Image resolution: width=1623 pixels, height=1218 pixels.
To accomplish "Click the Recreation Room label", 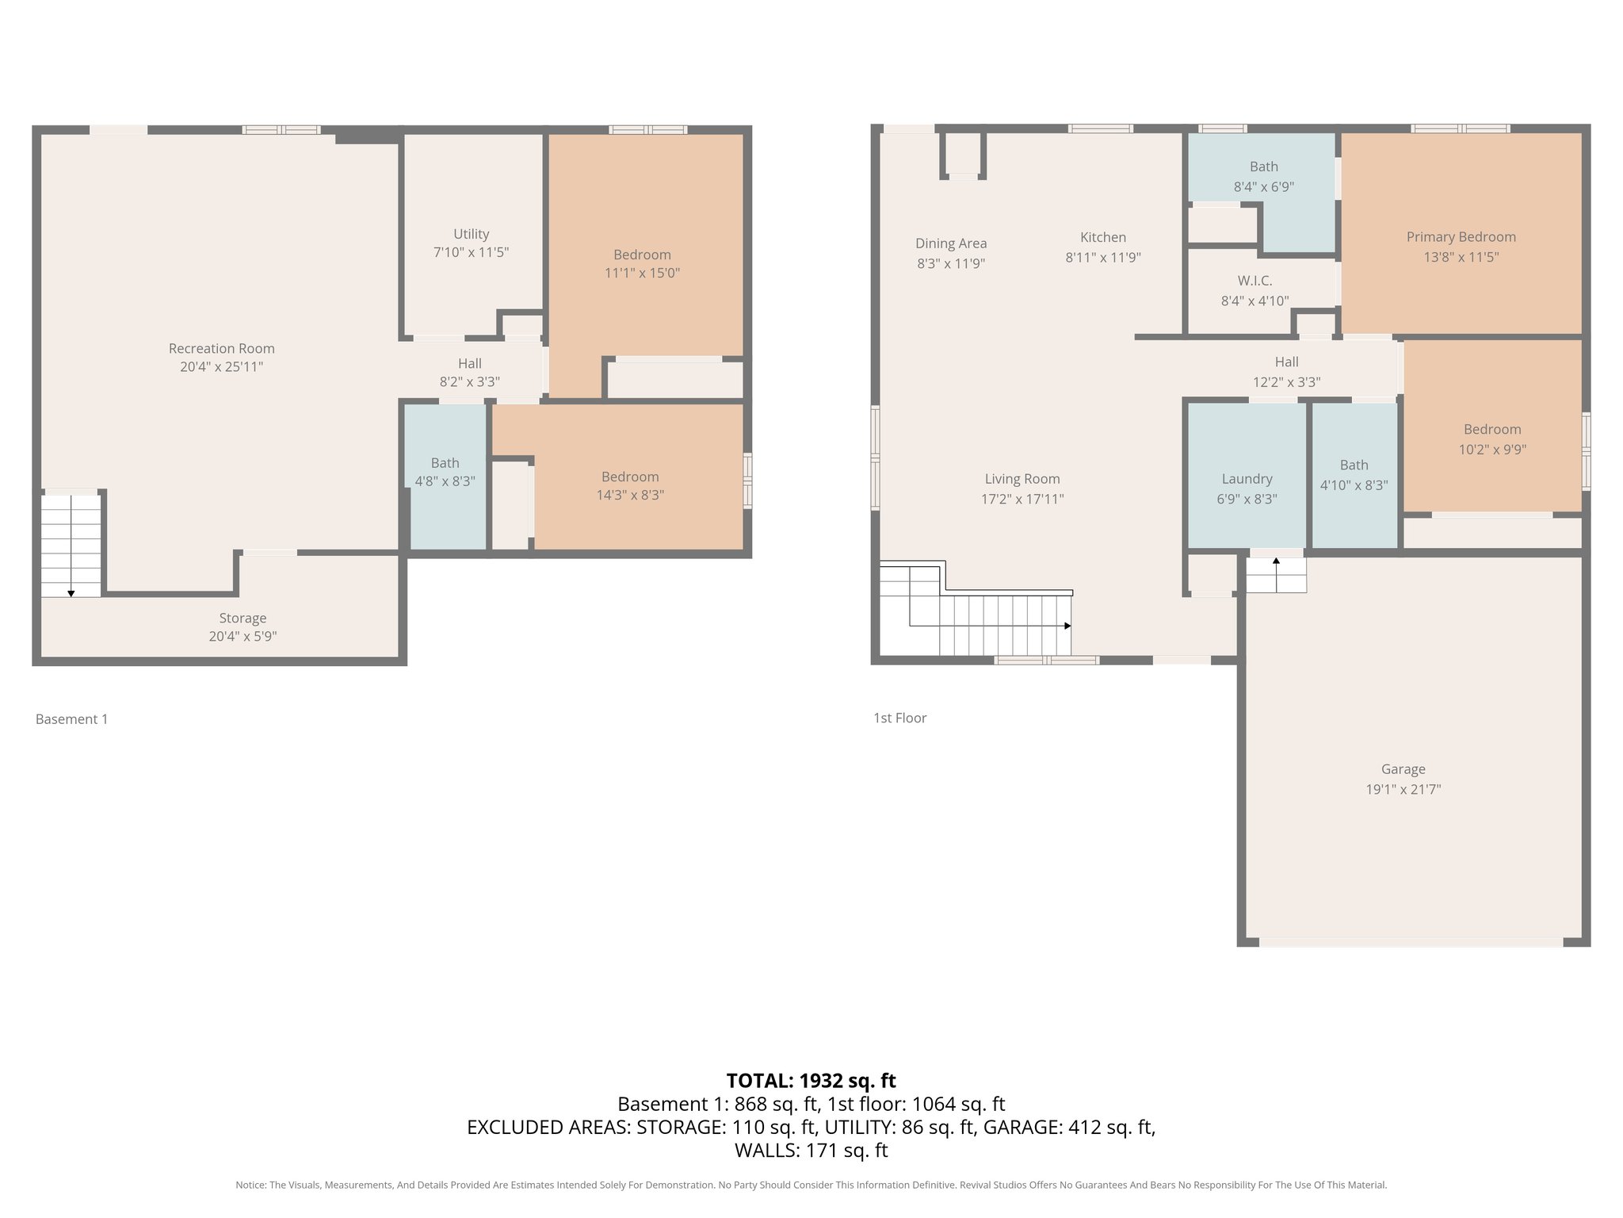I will coord(221,348).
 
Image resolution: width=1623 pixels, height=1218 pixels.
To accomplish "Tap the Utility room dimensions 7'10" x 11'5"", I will coord(471,252).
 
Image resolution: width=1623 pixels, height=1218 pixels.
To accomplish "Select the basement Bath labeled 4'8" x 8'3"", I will coord(445,472).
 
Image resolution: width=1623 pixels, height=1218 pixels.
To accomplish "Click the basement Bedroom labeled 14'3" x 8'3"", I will coord(630,485).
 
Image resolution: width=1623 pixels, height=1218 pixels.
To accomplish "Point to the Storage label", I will coord(242,618).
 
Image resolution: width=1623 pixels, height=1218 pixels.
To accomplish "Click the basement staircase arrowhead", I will coord(71,593).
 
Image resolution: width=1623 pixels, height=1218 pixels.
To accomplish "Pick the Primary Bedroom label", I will coord(1461,236).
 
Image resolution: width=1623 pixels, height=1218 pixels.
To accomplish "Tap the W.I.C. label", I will coord(1254,281).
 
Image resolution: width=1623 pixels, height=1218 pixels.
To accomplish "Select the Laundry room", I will coord(1247,488).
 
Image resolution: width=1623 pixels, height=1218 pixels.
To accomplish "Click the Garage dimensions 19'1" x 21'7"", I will coord(1403,789).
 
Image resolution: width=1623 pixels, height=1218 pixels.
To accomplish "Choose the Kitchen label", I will coord(1102,237).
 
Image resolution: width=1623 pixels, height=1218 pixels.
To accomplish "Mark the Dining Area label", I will coord(951,243).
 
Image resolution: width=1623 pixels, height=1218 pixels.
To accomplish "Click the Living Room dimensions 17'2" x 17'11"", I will coord(1022,499).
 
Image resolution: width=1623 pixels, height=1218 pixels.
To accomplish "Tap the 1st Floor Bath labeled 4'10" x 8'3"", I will coord(1354,475).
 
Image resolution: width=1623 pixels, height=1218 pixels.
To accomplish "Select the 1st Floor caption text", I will coord(899,718).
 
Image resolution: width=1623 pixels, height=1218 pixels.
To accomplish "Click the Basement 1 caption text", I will coord(71,719).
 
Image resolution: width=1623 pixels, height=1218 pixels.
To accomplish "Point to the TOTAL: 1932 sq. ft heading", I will coord(811,1080).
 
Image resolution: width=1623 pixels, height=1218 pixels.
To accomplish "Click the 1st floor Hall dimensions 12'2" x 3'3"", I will coord(1286,381).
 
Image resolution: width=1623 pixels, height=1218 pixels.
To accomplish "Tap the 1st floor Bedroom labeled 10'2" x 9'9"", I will coord(1492,439).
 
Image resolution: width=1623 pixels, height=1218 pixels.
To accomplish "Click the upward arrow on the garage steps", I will coord(1276,561).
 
